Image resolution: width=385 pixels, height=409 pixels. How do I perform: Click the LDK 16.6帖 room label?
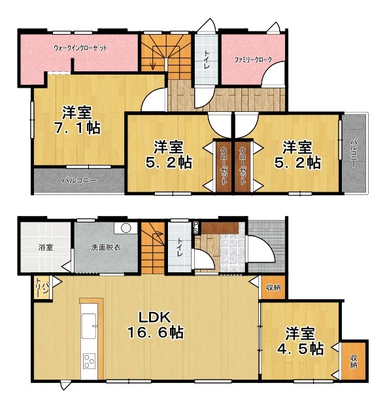(156, 325)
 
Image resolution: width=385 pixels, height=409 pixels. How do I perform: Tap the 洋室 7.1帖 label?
(77, 120)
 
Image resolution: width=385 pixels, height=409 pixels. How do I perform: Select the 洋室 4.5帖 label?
(300, 341)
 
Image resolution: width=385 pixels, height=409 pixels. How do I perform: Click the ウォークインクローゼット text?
(80, 48)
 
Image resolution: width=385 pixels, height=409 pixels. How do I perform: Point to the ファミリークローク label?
(253, 60)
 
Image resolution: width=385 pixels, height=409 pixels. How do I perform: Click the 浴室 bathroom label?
(46, 247)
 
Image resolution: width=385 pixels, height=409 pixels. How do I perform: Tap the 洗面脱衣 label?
(106, 247)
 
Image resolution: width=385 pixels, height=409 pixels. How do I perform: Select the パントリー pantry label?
(42, 288)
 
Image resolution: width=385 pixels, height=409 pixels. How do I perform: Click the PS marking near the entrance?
(195, 227)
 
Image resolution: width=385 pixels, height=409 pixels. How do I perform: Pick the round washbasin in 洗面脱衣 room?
(126, 228)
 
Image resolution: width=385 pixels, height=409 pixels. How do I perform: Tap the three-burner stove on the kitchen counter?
(89, 361)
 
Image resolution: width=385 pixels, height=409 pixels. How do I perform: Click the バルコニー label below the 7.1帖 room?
(79, 181)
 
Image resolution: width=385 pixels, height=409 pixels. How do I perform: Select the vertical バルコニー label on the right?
(354, 153)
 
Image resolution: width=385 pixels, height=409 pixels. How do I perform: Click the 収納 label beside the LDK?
(273, 288)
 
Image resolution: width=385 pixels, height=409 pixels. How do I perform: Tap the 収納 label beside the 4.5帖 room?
(354, 361)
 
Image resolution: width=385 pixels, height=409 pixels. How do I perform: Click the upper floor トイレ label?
(207, 59)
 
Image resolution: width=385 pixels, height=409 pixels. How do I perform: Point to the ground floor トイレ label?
(180, 247)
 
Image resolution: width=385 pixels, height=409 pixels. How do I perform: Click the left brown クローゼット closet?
(224, 166)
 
